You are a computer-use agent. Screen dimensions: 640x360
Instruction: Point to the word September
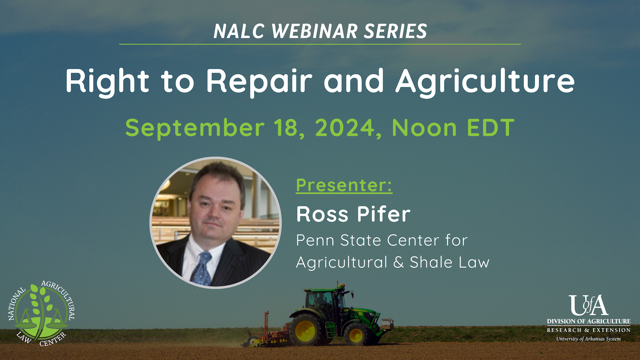pyautogui.click(x=195, y=128)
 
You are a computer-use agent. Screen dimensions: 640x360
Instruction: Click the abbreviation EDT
pyautogui.click(x=490, y=128)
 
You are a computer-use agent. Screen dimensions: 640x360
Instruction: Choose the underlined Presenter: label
pyautogui.click(x=344, y=186)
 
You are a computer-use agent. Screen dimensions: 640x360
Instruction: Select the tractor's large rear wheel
pyautogui.click(x=306, y=330)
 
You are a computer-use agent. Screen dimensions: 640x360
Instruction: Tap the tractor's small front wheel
pyautogui.click(x=356, y=334)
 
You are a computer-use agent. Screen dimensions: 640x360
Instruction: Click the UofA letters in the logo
pyautogui.click(x=588, y=305)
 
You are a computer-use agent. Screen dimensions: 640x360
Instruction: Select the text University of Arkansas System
pyautogui.click(x=588, y=339)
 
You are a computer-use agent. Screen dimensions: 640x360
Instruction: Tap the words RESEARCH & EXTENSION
pyautogui.click(x=588, y=330)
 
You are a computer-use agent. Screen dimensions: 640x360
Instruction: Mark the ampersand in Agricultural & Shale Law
pyautogui.click(x=398, y=262)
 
